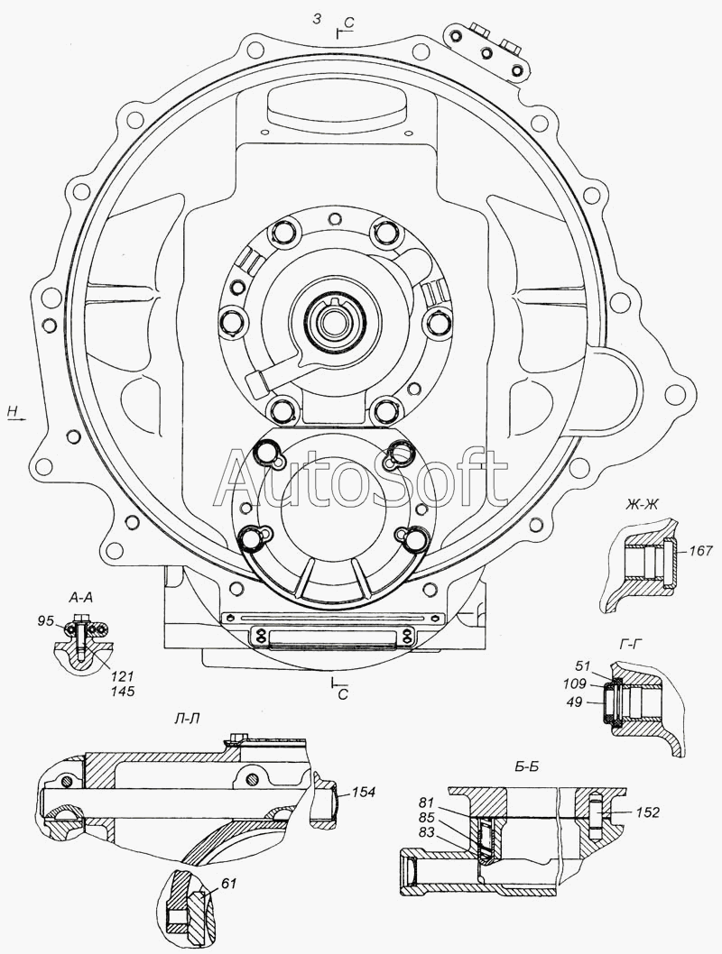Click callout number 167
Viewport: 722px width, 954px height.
[700, 551]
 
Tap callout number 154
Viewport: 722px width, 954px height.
[364, 793]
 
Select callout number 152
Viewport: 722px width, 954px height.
[648, 812]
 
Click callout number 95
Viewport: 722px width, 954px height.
[46, 621]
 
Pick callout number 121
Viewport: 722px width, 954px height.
[123, 676]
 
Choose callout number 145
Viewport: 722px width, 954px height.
[123, 692]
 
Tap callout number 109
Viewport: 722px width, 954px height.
[575, 683]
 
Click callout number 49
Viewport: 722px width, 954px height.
[573, 702]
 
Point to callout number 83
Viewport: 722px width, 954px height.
[427, 832]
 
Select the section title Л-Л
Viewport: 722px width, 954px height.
[187, 719]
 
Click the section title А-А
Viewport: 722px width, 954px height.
[81, 599]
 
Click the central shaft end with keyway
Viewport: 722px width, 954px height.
[332, 319]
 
